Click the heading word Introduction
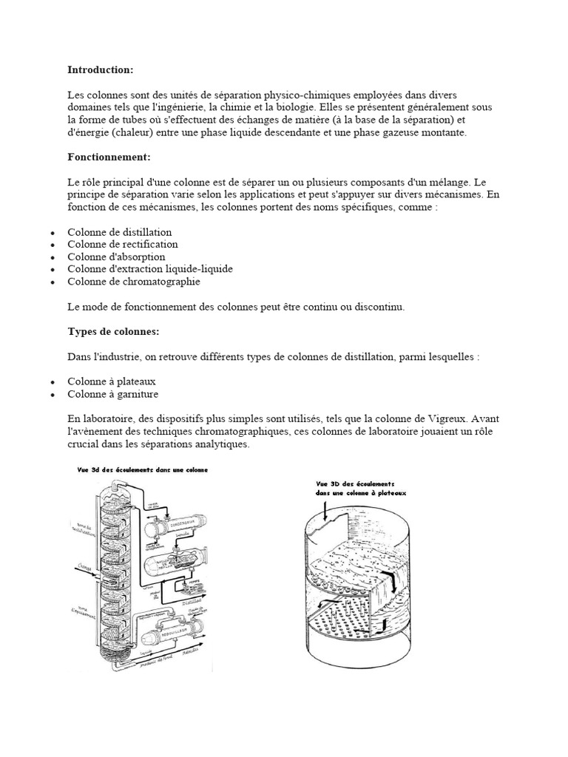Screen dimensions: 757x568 100,69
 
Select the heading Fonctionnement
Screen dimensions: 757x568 109,157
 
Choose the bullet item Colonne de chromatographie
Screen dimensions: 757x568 134,282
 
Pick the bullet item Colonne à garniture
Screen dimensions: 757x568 113,394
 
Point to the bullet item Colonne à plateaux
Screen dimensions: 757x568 112,381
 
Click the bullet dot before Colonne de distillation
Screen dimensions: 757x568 52,233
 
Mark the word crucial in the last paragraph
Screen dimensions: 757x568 84,445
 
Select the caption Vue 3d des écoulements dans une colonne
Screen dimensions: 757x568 142,469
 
